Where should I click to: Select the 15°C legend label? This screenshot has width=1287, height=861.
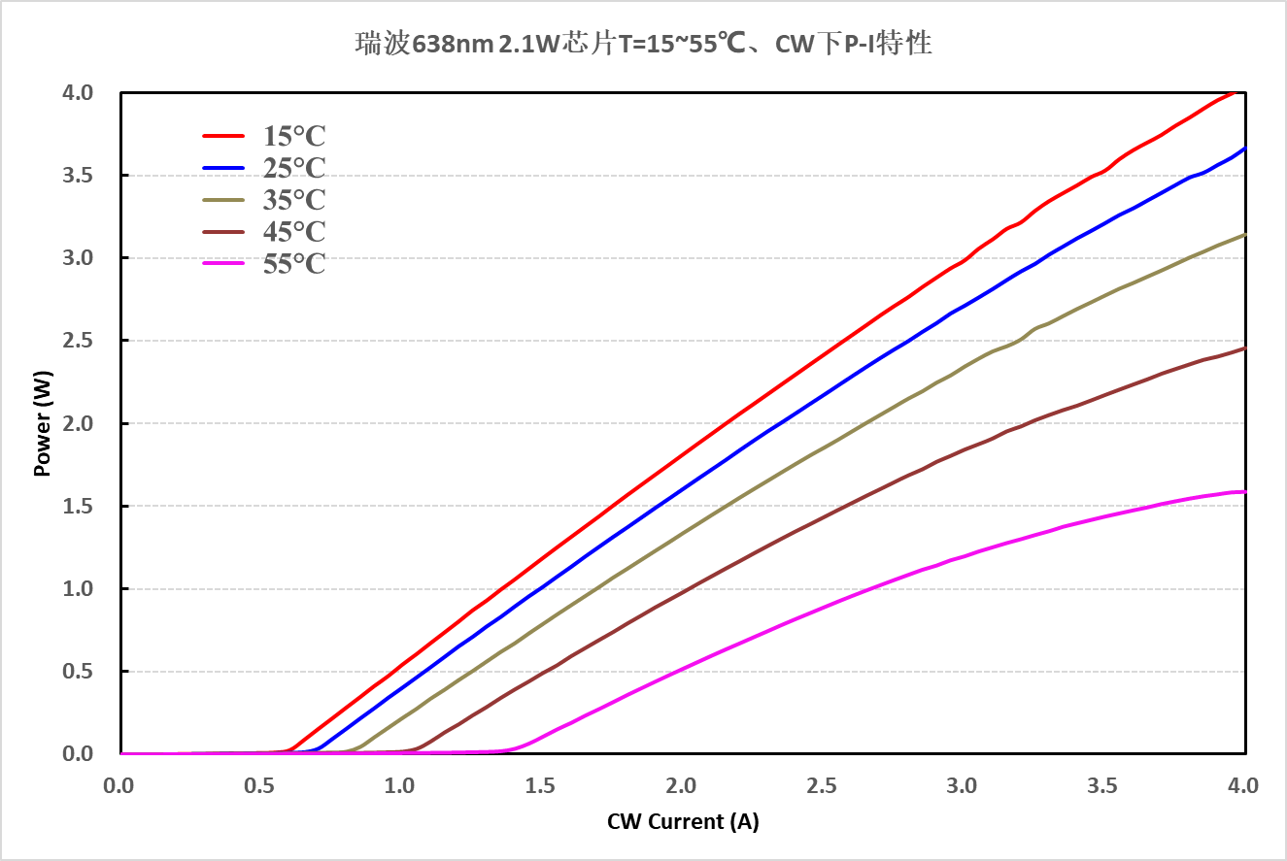click(x=294, y=137)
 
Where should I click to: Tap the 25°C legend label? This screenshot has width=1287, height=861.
click(x=294, y=169)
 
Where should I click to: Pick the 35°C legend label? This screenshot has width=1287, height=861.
click(x=294, y=201)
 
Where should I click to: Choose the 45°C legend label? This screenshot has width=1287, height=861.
click(x=294, y=233)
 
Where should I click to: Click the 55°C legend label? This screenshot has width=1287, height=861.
click(x=294, y=264)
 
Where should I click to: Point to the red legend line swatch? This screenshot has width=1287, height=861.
click(x=223, y=137)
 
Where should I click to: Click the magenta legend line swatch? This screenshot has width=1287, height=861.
click(x=223, y=264)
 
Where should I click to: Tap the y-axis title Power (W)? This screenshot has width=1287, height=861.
click(x=42, y=423)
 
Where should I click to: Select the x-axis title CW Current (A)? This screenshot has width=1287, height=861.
click(x=683, y=822)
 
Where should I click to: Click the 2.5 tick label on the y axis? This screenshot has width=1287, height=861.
click(x=80, y=342)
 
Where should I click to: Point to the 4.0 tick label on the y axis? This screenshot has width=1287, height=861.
click(x=80, y=93)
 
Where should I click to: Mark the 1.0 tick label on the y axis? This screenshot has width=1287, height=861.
click(x=80, y=589)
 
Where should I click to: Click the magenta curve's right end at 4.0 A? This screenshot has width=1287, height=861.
click(x=1244, y=492)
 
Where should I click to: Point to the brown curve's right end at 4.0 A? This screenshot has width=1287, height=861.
click(x=1244, y=348)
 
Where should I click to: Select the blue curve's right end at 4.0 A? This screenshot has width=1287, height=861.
click(x=1244, y=149)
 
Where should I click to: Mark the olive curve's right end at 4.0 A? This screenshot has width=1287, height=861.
click(x=1244, y=235)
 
